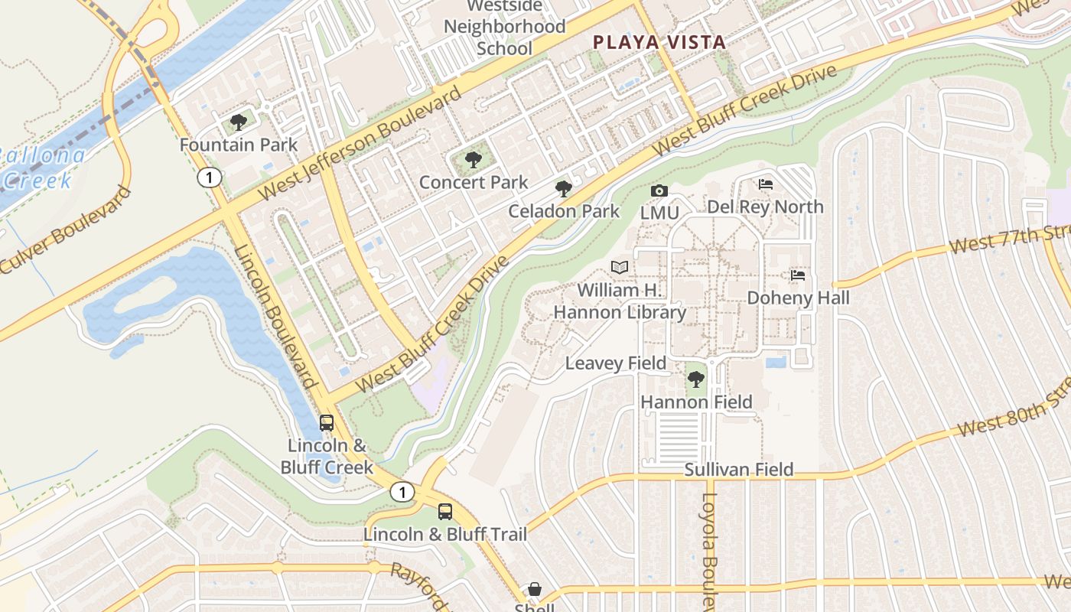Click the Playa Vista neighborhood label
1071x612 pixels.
coord(659,42)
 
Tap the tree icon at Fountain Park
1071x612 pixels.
coord(239,122)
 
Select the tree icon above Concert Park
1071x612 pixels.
coord(474,160)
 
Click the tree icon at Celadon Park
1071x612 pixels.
coord(564,189)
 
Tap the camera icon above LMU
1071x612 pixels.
coord(659,190)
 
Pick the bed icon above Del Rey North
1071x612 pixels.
coord(765,184)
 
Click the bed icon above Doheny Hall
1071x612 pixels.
coord(798,275)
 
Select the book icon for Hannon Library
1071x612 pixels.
coord(620,268)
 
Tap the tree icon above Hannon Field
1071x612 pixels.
coord(695,379)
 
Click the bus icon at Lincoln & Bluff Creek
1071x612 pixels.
coord(327,423)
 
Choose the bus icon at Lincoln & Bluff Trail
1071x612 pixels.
coord(444,511)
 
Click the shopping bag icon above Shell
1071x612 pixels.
coord(535,590)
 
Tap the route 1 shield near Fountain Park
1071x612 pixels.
coord(209,178)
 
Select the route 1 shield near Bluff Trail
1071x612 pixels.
coord(402,492)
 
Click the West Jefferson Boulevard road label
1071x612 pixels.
coord(360,144)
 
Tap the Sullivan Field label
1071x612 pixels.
coord(738,469)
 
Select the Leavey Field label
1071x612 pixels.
coord(615,363)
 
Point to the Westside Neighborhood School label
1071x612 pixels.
coord(505,27)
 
